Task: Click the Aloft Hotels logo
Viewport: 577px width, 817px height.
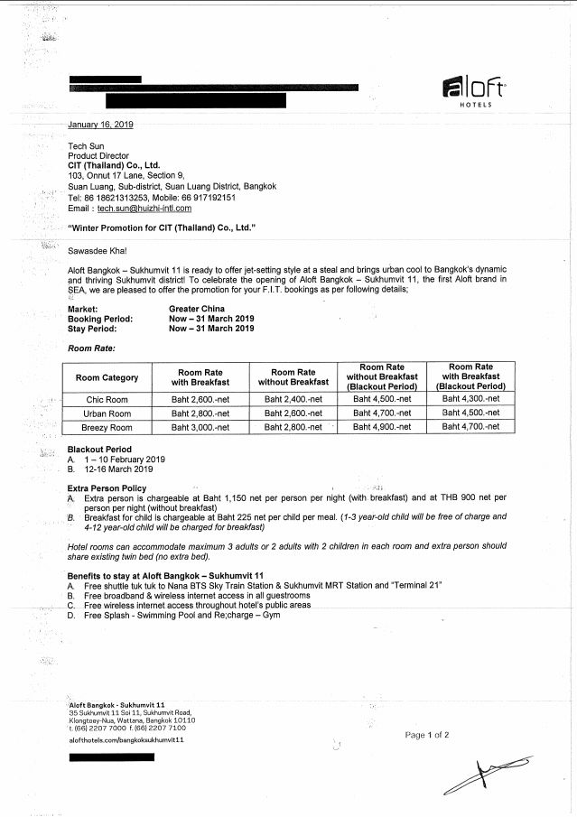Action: (473, 92)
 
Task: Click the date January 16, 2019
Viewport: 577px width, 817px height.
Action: (100, 125)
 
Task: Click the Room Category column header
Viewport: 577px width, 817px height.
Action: (107, 377)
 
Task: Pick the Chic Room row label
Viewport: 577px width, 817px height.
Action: (107, 399)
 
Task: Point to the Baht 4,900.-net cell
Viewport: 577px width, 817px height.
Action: (382, 428)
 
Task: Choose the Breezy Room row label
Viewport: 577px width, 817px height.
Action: (107, 428)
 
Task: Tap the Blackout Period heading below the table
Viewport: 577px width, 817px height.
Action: (99, 450)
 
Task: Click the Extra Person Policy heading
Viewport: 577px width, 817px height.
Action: (107, 488)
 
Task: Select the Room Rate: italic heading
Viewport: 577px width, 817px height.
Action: (91, 348)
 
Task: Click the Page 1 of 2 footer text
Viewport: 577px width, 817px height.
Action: (427, 736)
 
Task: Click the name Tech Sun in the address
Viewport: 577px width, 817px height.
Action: (88, 145)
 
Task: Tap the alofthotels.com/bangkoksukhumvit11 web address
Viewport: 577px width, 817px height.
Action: (126, 739)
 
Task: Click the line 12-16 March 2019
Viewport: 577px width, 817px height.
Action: (119, 469)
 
